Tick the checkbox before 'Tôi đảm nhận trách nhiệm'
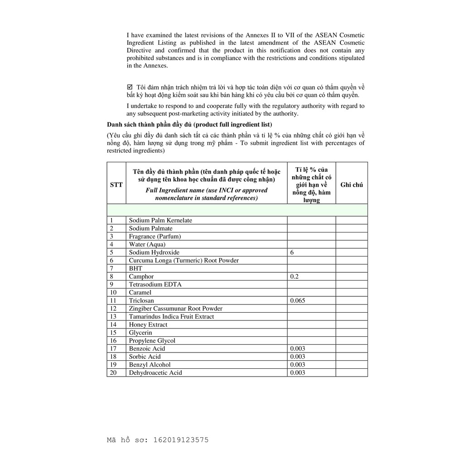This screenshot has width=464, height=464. pos(130,87)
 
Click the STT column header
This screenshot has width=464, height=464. pos(116,185)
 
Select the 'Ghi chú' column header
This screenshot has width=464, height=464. pos(351,185)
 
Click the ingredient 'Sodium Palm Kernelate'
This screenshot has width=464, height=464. pos(160,220)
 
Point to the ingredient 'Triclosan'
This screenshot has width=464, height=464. pos(141,300)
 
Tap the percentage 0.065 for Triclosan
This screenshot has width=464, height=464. pos(297,300)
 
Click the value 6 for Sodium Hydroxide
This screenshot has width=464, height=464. pos(292,252)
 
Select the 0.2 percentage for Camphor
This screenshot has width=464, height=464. pos(295,276)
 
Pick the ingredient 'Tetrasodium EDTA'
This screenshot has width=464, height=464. pos(155,285)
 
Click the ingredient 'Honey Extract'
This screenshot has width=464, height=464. pos(148,324)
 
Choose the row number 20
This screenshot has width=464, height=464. pos(113,372)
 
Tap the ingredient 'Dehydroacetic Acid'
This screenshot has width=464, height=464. pos(155,372)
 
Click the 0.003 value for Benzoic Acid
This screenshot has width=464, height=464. pos(298,348)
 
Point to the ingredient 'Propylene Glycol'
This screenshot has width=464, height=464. pos(152,341)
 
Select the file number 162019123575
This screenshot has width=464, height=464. pos(181,440)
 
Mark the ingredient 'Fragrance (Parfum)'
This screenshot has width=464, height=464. pos(155,237)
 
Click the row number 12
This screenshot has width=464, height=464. pos(113,309)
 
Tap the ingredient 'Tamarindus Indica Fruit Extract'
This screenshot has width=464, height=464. pos(171,317)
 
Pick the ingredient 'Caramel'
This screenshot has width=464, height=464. pos(140,293)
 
